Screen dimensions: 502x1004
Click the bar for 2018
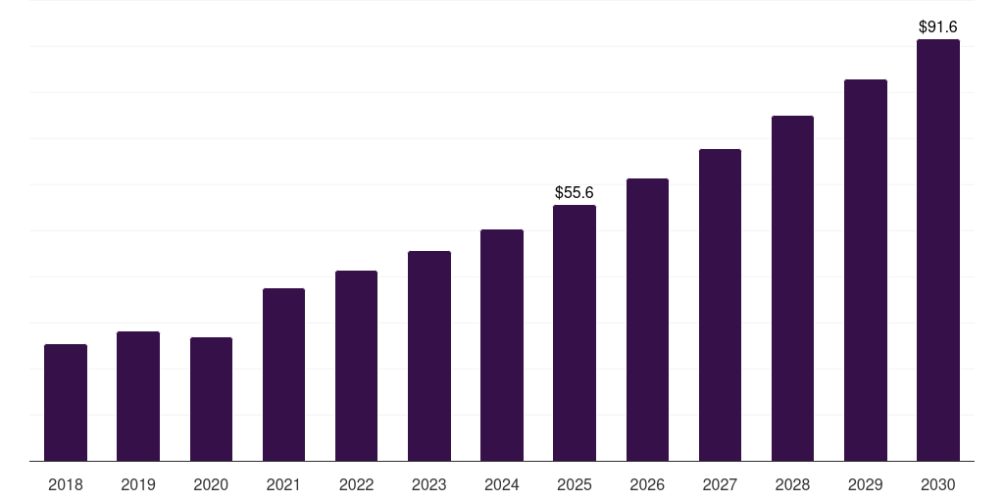[66, 402]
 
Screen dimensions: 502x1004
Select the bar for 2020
[211, 399]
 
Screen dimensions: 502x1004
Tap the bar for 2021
[283, 375]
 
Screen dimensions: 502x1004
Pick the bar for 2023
[429, 356]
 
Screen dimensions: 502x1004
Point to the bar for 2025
[575, 332]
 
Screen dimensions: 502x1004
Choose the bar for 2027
[720, 305]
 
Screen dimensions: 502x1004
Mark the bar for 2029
[866, 270]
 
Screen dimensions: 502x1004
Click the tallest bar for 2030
[938, 250]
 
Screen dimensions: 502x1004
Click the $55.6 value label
[575, 193]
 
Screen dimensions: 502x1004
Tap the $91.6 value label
[938, 27]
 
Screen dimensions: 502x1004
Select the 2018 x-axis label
[66, 484]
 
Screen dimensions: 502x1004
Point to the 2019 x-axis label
[138, 484]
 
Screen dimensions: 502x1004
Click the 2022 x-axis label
[356, 484]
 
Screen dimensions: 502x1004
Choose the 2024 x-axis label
[502, 484]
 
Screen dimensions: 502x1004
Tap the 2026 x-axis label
[647, 484]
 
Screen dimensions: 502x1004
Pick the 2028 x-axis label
[792, 484]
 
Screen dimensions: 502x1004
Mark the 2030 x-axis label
[938, 484]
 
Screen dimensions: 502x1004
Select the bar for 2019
[138, 396]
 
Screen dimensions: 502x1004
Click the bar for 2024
[502, 345]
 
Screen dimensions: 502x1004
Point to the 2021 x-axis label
[283, 484]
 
